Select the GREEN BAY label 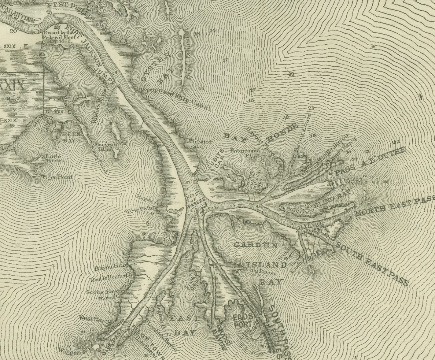pyautogui.click(x=70, y=137)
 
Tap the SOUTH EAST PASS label pyautogui.click(x=372, y=263)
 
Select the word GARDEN pyautogui.click(x=256, y=245)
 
